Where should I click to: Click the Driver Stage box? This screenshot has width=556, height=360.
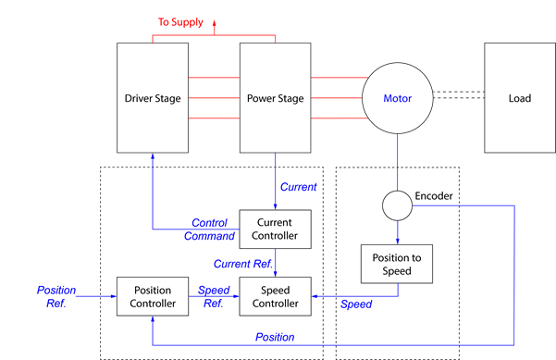point(152,97)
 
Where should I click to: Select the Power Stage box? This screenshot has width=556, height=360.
point(276,97)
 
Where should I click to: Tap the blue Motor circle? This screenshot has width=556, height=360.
point(398,98)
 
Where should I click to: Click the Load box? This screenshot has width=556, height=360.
point(519,97)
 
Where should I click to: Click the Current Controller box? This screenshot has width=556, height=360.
point(276,230)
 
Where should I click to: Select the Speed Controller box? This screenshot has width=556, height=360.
point(276,296)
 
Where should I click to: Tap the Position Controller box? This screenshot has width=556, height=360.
point(152,296)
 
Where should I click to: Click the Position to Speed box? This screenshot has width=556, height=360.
point(398,263)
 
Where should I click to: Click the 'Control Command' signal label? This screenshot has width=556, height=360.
point(210,230)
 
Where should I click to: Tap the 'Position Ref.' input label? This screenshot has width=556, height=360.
point(56,296)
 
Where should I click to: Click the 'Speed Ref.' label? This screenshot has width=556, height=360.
point(214,296)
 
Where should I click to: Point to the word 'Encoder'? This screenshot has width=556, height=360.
point(434,196)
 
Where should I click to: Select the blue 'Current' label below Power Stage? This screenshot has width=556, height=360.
point(298,187)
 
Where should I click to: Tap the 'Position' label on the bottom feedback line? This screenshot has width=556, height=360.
point(275,337)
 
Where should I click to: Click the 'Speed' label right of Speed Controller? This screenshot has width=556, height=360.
point(356,304)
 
